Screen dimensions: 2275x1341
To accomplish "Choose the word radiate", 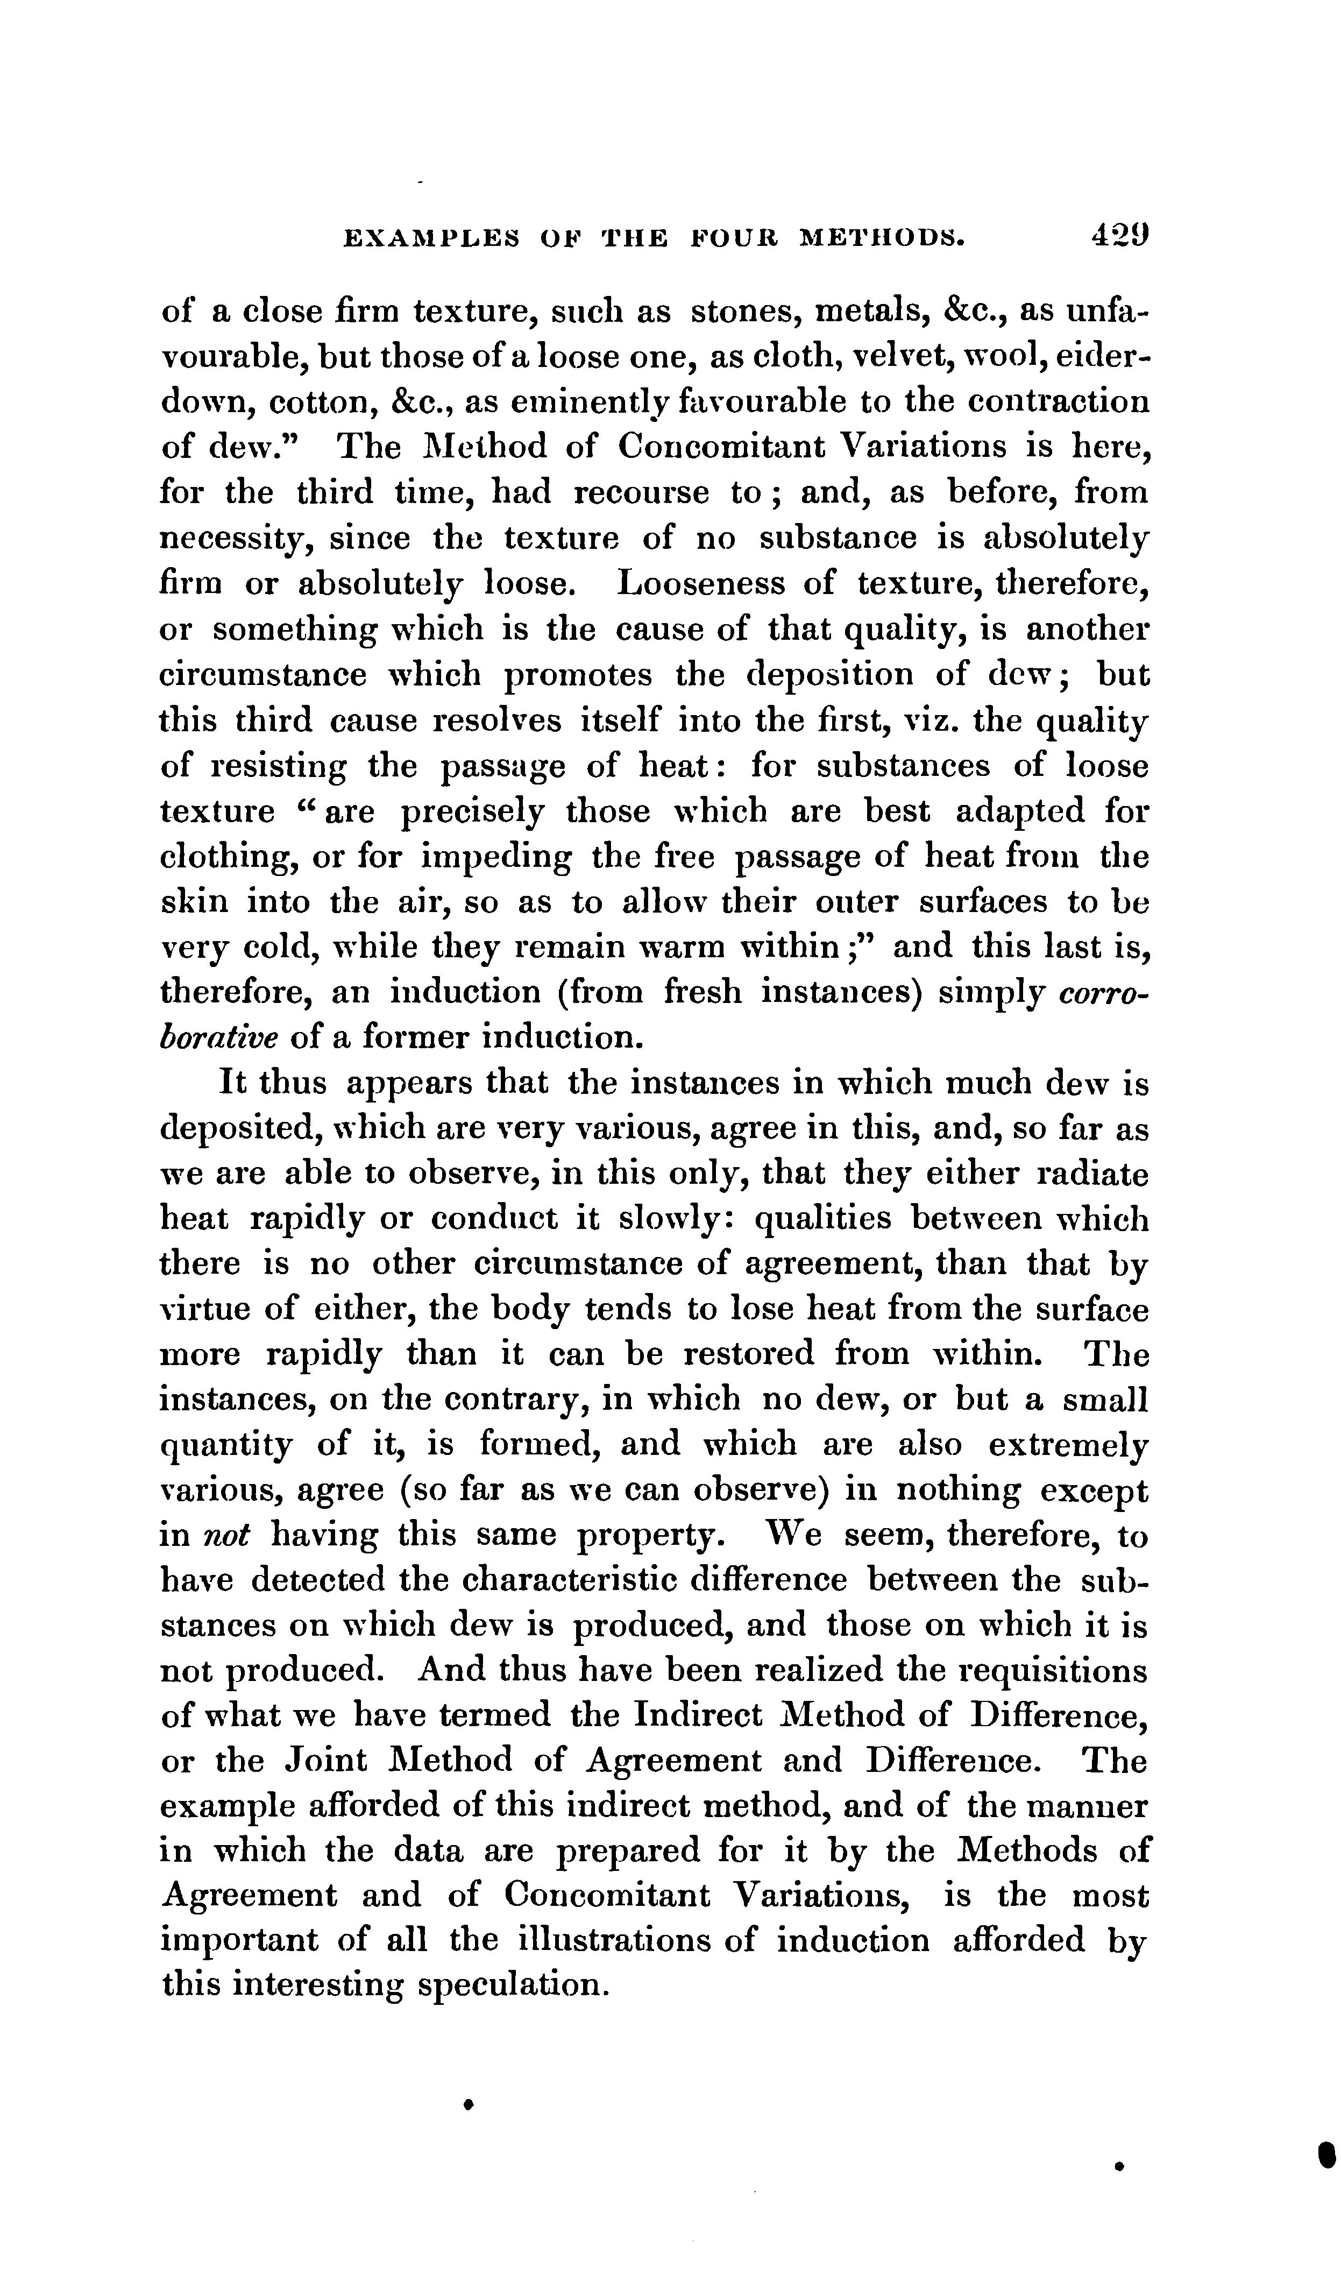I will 1094,1174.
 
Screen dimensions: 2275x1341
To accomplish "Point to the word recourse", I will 641,492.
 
